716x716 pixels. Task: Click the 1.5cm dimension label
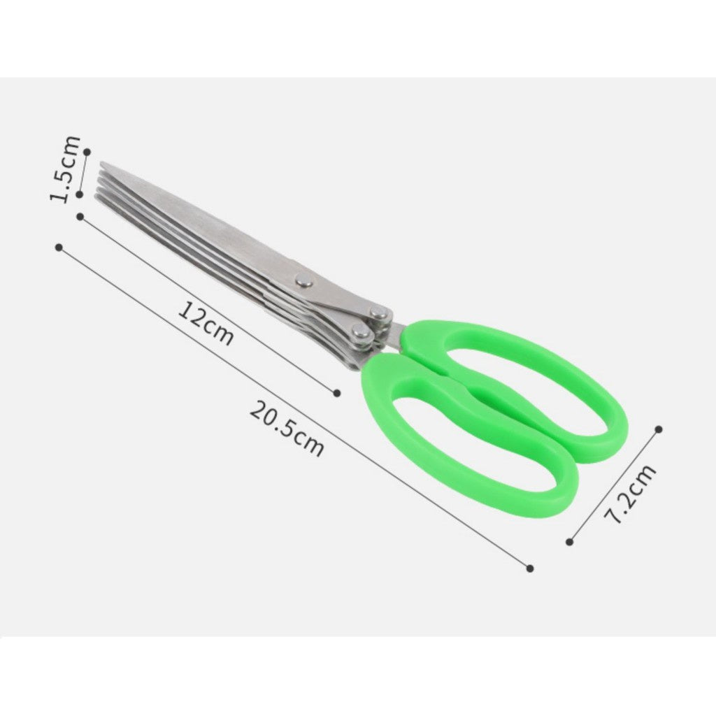click(67, 169)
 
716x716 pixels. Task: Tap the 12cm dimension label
click(205, 324)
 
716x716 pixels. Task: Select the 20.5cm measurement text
click(287, 429)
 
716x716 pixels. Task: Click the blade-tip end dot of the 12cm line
click(80, 217)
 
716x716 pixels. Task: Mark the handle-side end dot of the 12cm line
click(337, 393)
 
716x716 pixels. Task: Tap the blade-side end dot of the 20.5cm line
click(59, 247)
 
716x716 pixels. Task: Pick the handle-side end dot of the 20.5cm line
click(530, 568)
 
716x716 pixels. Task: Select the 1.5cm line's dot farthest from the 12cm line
click(87, 150)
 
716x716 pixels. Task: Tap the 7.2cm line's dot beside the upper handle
click(658, 429)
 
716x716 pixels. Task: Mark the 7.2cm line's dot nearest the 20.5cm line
click(570, 541)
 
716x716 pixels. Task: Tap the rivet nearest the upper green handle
click(378, 314)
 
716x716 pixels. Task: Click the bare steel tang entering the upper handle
click(394, 334)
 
